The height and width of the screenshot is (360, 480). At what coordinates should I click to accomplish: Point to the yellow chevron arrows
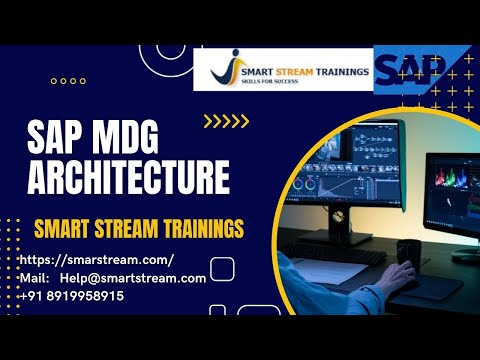coord(226,122)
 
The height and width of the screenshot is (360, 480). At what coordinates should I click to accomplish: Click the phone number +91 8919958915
coord(72,297)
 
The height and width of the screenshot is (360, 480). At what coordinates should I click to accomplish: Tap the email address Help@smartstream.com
coord(133,278)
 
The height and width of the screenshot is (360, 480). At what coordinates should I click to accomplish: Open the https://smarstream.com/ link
coord(97,260)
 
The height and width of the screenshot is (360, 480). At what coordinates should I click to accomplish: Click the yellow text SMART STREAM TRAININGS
coord(139,228)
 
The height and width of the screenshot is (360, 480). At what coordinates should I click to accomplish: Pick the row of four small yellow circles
coord(67,81)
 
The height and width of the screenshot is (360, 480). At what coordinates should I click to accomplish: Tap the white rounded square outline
coord(222,267)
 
